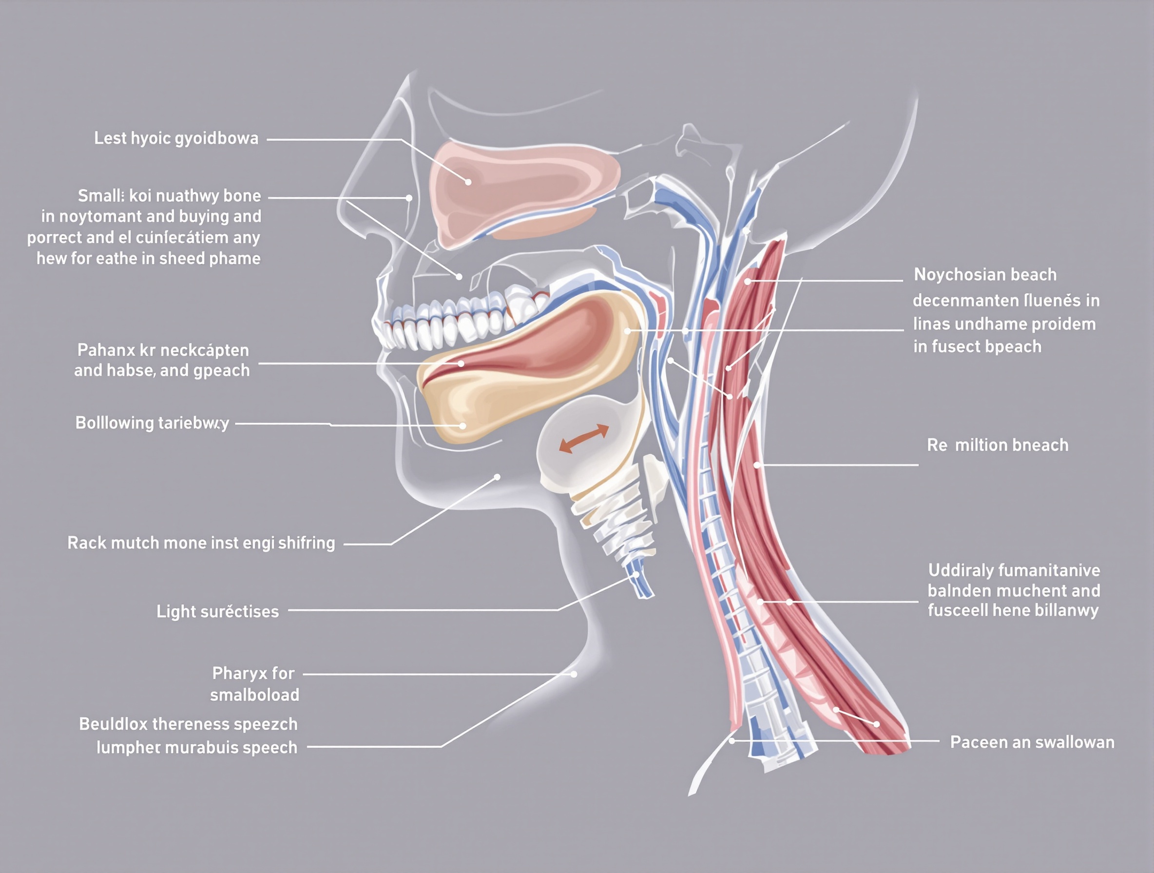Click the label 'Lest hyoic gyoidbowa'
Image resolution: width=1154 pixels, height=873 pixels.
tap(176, 138)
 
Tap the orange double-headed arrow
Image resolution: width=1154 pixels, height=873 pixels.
tap(584, 438)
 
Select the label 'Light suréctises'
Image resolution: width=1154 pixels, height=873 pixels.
tap(217, 611)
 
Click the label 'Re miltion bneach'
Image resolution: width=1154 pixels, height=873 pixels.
tap(998, 445)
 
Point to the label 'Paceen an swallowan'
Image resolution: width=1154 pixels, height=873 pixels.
tap(1032, 742)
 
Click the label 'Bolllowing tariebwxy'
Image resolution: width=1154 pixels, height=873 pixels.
tap(152, 423)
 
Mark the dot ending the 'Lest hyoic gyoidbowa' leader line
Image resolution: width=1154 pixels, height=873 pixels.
tap(468, 182)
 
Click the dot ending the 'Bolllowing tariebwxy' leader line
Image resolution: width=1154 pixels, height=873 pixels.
tap(462, 426)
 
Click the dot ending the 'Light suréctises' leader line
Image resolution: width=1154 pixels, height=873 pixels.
tap(636, 574)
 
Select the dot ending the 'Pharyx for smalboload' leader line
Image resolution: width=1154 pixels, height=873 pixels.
tap(574, 674)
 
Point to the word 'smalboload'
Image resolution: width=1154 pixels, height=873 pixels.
tap(254, 695)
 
